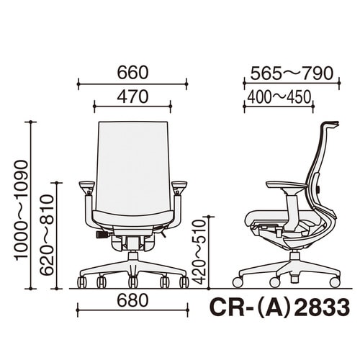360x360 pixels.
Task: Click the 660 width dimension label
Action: coord(132,73)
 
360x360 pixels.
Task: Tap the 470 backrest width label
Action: coord(132,96)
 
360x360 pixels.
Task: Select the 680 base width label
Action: coord(132,300)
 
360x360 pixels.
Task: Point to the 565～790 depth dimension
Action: coord(292,73)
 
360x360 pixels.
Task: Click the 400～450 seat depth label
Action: coord(279,97)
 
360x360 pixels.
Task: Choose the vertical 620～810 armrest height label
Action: coord(46,235)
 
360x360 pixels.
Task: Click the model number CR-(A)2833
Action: coord(279,308)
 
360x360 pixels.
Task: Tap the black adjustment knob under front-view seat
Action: coord(102,235)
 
